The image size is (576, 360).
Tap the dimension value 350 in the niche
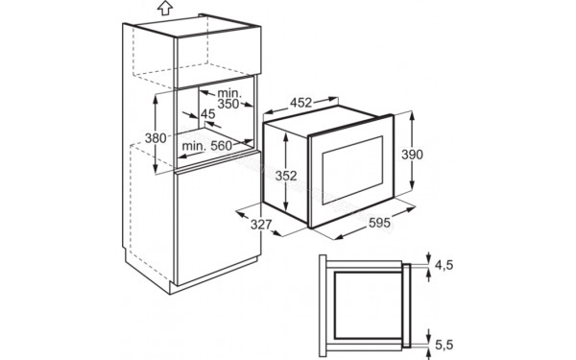228,103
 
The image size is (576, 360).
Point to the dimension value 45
206,114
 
